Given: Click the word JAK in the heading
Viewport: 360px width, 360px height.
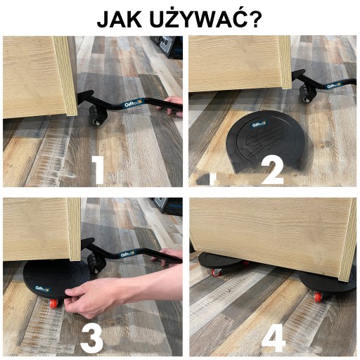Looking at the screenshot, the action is tap(120, 19).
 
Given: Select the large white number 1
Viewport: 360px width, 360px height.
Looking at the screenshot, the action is tap(98, 170).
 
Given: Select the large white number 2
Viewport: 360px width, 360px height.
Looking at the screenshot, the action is tap(273, 170).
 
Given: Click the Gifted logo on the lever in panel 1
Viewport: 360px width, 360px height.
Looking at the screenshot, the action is tap(131, 103).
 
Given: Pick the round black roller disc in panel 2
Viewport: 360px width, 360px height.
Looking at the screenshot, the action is tap(266, 142).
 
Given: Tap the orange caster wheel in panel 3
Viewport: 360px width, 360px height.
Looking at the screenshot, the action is tap(54, 303).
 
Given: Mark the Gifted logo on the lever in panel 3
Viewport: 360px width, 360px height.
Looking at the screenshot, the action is tap(127, 254).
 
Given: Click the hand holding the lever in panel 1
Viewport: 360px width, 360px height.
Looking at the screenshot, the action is tap(171, 106).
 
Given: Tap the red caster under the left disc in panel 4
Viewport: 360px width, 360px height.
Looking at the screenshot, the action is tap(217, 272).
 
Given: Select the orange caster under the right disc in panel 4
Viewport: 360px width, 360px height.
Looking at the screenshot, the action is tap(317, 297).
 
